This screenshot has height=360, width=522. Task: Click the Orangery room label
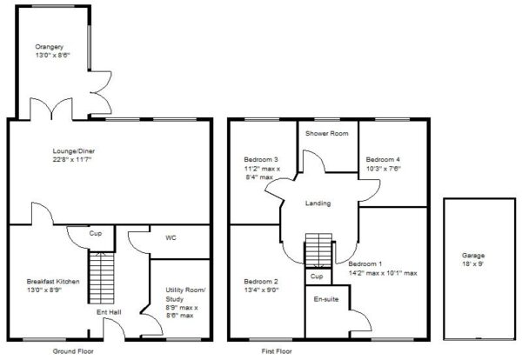coord(50,47)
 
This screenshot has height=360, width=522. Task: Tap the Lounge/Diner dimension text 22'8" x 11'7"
coord(72,160)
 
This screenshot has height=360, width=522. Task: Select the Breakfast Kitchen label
coord(53,282)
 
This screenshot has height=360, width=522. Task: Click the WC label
coord(171,238)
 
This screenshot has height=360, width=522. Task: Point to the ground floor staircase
coord(102,278)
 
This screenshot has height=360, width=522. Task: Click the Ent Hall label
coord(109,312)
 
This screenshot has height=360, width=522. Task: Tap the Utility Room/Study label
coord(186,295)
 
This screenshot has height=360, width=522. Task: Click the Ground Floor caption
coord(73,351)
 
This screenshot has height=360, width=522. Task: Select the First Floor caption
coord(277,351)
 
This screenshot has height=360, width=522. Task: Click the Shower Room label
coord(327,133)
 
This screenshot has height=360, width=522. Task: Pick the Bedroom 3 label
coord(261,160)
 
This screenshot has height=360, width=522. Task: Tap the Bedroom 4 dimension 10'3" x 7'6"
coord(384,169)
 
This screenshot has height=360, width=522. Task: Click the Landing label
coord(318,203)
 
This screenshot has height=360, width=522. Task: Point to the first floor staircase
coord(319,250)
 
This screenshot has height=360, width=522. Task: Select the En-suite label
coord(326,299)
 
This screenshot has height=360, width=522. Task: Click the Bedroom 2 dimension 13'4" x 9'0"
coord(261,290)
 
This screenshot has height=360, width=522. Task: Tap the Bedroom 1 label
coord(365,264)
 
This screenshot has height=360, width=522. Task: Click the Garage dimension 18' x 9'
coord(473,265)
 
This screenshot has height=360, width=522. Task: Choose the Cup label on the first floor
coord(317,277)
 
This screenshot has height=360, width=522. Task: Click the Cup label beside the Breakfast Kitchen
coord(96,234)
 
